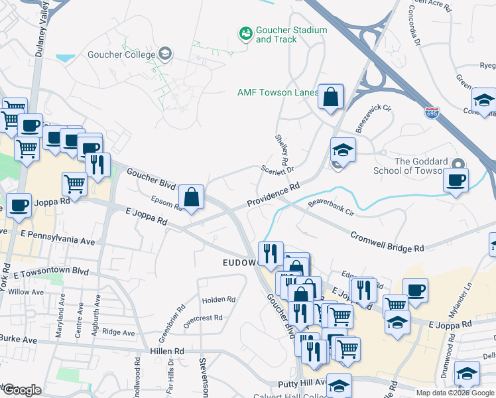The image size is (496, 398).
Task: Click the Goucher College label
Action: click(123, 54)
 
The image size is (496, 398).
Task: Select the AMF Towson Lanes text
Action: click(278, 92)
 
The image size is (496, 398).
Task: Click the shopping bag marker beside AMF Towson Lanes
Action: click(330, 97)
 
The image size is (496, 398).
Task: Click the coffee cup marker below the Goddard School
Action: click(456, 180)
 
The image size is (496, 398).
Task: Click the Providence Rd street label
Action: click(273, 196)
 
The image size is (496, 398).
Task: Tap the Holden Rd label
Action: click(219, 300)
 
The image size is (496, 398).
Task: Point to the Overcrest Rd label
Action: click(203, 318)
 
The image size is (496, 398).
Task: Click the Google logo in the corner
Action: click(22, 389)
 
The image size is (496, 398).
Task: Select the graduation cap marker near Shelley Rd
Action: click(343, 150)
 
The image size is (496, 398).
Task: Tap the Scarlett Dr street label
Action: click(277, 170)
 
